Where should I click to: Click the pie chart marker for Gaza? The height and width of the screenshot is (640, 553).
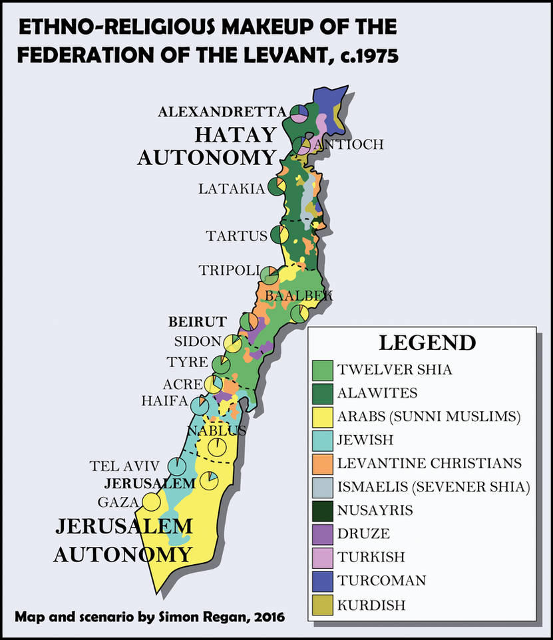[151, 502]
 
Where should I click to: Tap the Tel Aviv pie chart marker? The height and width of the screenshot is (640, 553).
[176, 466]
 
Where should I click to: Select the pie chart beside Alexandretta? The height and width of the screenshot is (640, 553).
[299, 113]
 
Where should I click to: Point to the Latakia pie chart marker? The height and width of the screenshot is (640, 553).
[277, 188]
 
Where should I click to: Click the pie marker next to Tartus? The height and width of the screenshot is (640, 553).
[279, 235]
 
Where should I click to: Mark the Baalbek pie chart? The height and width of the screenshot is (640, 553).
[300, 313]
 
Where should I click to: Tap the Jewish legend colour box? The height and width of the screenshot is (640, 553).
[322, 439]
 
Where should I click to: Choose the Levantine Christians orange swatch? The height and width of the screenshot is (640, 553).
[322, 462]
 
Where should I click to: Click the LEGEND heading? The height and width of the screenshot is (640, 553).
[427, 343]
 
